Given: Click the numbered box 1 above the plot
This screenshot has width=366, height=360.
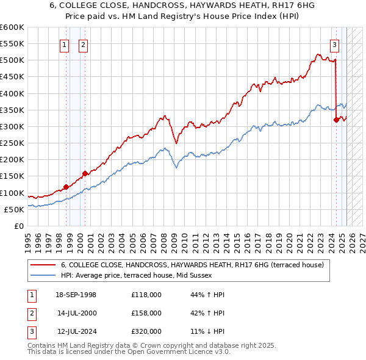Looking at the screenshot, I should tap(65, 45).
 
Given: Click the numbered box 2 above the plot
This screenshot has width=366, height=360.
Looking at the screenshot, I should tap(83, 45).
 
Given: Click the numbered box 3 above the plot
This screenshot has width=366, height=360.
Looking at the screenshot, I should tap(335, 45).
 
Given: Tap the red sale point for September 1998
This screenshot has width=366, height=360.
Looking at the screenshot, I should tap(66, 187).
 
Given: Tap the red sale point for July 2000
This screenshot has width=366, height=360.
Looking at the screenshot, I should tap(85, 173).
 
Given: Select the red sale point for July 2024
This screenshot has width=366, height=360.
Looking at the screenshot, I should tap(336, 120).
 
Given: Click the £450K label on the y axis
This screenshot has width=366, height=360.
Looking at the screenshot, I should tap(12, 77).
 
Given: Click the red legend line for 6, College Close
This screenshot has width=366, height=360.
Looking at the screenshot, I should tap(43, 265).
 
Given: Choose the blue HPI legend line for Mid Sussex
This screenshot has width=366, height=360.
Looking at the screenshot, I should tap(43, 276).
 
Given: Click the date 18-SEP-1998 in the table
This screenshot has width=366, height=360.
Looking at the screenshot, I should tap(76, 295).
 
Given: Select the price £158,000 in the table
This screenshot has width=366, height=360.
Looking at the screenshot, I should tap(146, 313).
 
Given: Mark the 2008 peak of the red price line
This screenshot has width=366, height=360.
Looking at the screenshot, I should tap(164, 116).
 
